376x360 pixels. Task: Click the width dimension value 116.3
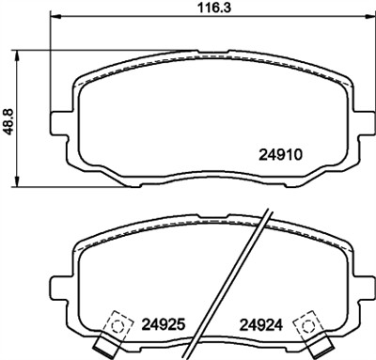[196, 8]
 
